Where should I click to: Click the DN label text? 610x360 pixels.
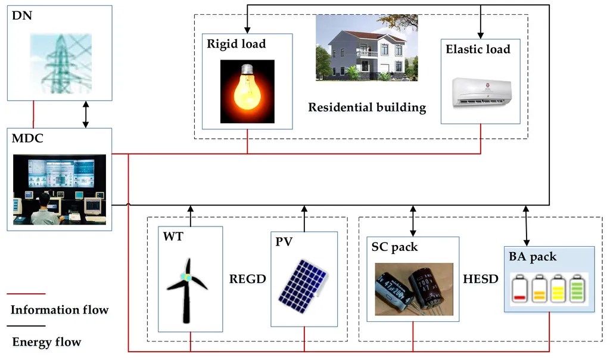pos(22,15)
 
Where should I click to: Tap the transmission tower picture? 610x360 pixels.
pos(61,64)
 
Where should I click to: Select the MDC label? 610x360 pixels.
pos(27,138)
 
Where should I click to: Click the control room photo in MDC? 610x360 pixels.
pos(60,190)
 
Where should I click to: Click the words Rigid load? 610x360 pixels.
pos(236,44)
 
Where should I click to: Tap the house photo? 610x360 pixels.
pos(366,48)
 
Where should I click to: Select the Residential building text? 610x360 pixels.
pos(367,107)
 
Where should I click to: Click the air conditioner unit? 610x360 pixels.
pos(482,92)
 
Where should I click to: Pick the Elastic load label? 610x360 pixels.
pos(478,49)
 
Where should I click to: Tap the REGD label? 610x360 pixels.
pos(247,279)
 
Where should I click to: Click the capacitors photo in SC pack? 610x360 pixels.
pos(414,289)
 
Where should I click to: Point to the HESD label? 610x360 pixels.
pos(481,279)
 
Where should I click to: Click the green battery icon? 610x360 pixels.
pos(577,288)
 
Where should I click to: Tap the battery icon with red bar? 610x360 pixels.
pos(519,288)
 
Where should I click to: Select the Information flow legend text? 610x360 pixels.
pos(60,310)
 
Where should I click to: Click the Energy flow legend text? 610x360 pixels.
pos(46,342)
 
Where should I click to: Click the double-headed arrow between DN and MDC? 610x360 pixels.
pos(86,114)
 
